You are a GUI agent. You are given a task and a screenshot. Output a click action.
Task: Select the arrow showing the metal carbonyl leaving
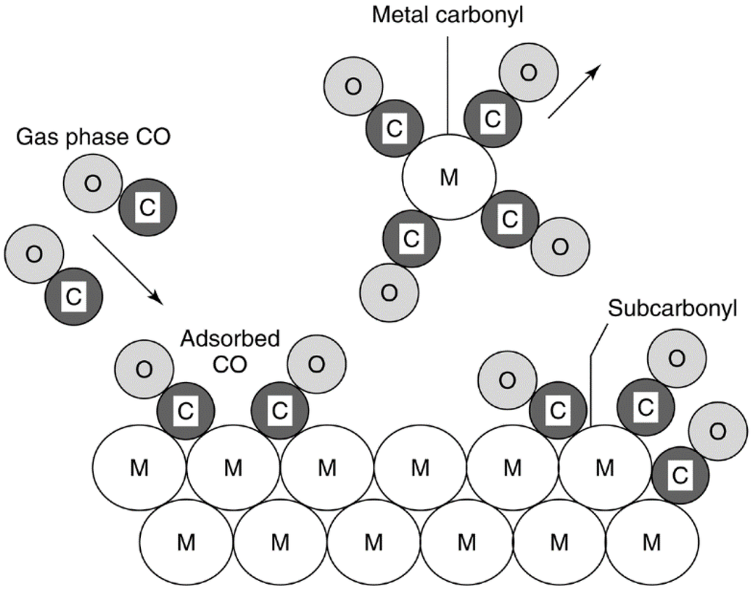point(574,91)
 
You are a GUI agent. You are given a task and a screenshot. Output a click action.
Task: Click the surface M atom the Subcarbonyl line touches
point(604,467)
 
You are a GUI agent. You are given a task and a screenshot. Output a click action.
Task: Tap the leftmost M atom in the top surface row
point(139,467)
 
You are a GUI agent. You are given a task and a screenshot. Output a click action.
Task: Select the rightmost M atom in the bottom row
point(651,543)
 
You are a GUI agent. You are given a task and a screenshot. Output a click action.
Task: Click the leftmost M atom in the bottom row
point(186,543)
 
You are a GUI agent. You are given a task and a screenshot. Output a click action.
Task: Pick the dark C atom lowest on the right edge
point(679,475)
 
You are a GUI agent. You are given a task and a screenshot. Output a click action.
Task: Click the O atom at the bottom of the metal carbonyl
point(389,292)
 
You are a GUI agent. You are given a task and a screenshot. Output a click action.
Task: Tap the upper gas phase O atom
point(92,184)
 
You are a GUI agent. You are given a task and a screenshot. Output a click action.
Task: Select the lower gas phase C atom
point(73,297)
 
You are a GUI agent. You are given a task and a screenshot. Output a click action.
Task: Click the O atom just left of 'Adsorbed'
point(144,370)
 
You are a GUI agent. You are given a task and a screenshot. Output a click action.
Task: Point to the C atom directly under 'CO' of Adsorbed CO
point(279,411)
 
